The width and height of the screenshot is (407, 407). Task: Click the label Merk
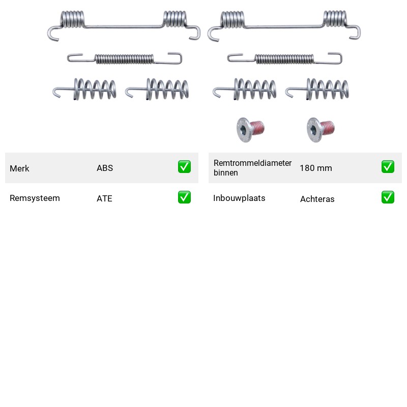[19, 168]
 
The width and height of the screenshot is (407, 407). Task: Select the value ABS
[105, 168]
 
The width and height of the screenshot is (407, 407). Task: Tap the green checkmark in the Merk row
[184, 167]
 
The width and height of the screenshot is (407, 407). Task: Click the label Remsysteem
[35, 198]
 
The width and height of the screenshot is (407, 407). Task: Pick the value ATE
[104, 198]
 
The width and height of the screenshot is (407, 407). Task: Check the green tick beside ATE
[184, 197]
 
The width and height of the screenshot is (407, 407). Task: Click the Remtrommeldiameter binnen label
[252, 168]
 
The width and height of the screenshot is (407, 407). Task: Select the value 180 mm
[316, 168]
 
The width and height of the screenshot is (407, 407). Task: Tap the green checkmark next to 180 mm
[388, 167]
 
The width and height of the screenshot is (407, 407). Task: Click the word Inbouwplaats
[239, 198]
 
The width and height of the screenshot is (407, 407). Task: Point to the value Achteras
[317, 199]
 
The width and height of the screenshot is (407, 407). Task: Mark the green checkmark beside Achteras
[388, 197]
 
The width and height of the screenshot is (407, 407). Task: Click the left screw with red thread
[250, 130]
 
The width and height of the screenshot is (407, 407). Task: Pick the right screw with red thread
[321, 130]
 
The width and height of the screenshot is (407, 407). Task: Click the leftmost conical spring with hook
[84, 89]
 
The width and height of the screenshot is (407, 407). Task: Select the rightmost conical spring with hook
[317, 89]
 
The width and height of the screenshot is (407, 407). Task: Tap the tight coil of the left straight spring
[124, 59]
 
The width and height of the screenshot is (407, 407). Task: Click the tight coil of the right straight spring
[284, 59]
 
